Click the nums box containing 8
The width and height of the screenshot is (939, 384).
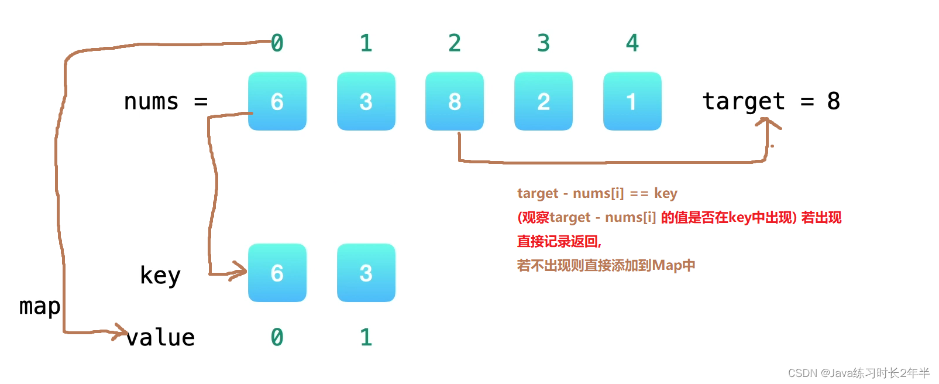click(455, 101)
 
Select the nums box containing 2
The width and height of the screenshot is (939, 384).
click(544, 101)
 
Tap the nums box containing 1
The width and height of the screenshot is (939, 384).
click(632, 101)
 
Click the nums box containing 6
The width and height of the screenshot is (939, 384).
click(277, 101)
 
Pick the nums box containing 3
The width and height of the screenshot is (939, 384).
click(366, 101)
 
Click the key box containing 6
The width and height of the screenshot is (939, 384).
click(277, 273)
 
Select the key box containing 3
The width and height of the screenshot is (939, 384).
click(366, 273)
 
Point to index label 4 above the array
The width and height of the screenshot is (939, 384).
click(632, 43)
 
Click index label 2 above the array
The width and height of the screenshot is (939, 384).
click(455, 43)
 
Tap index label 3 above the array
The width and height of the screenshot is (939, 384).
click(544, 43)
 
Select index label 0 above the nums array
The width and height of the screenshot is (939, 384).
click(277, 43)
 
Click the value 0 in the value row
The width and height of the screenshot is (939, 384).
click(277, 337)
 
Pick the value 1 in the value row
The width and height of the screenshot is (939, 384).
click(366, 337)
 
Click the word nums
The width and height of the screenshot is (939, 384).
click(151, 101)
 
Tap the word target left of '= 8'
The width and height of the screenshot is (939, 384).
click(744, 101)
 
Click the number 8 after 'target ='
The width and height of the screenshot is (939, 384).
click(834, 101)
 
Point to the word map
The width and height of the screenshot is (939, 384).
click(40, 306)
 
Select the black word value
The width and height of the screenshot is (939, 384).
click(160, 337)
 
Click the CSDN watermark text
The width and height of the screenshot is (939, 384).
click(858, 373)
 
